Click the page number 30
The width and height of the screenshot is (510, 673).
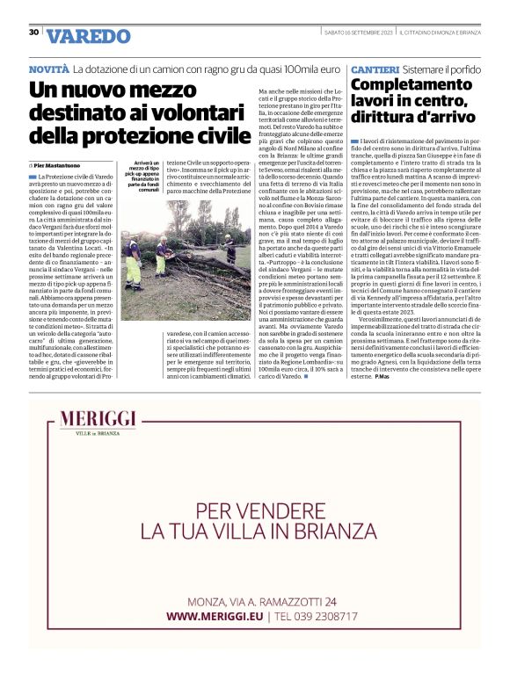[33, 33]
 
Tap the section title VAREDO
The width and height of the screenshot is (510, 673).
[88, 36]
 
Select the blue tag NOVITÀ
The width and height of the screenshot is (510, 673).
[48, 68]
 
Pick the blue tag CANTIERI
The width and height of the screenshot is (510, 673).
[375, 69]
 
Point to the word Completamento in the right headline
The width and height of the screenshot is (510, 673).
[405, 85]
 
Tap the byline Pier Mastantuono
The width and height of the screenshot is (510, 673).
[60, 164]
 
